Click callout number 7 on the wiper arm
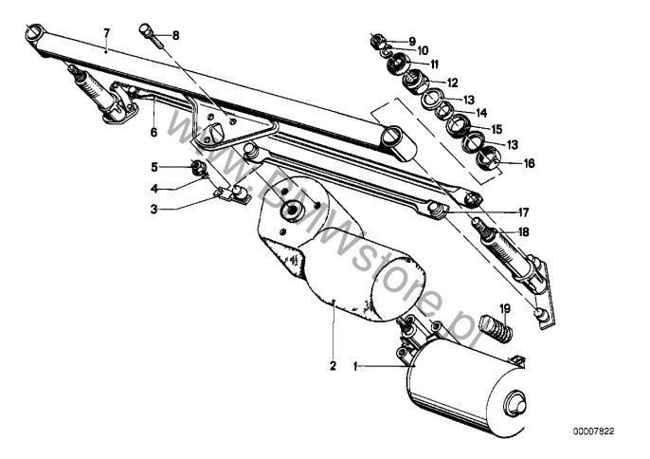click(x=107, y=32)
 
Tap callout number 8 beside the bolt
click(x=174, y=35)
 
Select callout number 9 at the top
click(x=412, y=40)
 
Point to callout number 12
click(x=453, y=82)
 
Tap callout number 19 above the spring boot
click(x=505, y=308)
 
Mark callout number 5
click(x=153, y=166)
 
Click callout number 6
click(x=153, y=134)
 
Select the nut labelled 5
click(x=199, y=169)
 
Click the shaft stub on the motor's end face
click(x=517, y=403)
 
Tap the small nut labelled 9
click(x=377, y=40)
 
